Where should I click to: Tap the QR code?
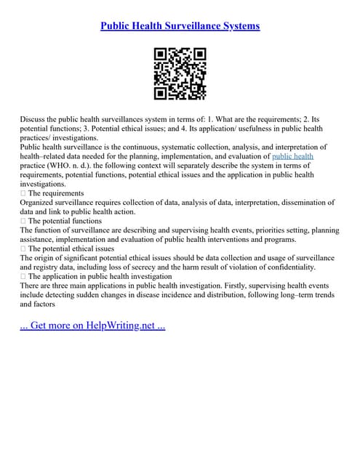180,73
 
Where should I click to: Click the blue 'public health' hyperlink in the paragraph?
292,155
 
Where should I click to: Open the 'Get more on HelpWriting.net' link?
93,325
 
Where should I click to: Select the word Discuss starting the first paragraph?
34,118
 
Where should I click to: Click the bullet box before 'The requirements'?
23,193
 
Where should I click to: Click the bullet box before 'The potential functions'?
23,221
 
